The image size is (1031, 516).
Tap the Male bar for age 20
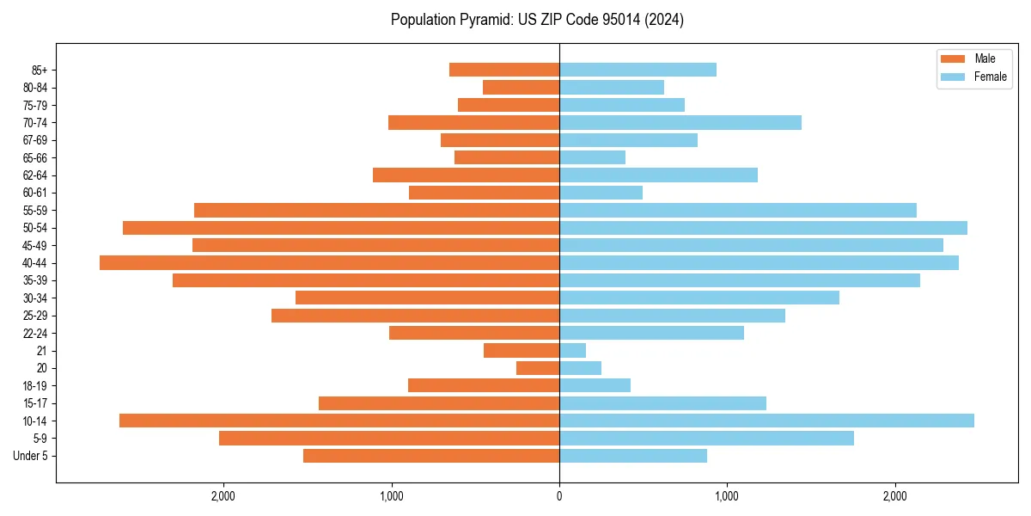(x=538, y=368)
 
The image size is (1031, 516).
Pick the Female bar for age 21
(x=572, y=351)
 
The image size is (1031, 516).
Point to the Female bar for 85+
(x=638, y=70)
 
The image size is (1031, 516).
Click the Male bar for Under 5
(x=431, y=456)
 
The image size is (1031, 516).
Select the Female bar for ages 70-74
(x=680, y=123)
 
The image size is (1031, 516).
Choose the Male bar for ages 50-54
(x=341, y=228)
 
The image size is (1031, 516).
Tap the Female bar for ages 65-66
(x=592, y=157)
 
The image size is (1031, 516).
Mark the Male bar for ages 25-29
(x=415, y=316)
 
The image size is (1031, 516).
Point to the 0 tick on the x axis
(x=559, y=496)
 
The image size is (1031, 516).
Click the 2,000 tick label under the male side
(x=223, y=496)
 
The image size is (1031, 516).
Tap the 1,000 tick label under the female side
(x=727, y=496)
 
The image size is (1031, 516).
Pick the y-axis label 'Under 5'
(x=30, y=456)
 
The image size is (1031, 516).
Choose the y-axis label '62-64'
(x=35, y=175)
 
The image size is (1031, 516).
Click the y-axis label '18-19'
(x=35, y=386)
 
